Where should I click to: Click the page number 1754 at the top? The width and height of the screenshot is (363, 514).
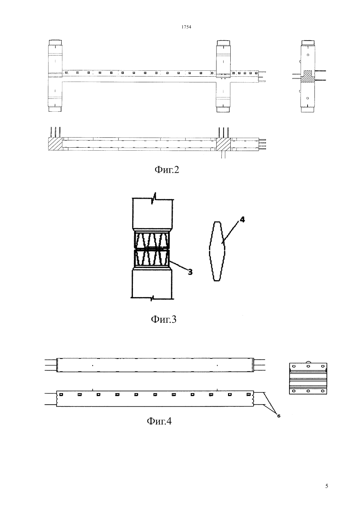tap(186, 27)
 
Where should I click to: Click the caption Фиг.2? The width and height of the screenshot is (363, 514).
tap(167, 170)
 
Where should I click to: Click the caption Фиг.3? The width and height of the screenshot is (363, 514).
tap(164, 319)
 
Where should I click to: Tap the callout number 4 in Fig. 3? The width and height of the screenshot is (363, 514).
tap(242, 220)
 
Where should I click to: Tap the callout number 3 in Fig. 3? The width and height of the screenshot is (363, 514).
tap(190, 272)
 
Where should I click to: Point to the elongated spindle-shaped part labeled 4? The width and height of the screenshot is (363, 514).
tap(217, 251)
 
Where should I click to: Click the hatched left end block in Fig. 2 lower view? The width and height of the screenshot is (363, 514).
tap(55, 144)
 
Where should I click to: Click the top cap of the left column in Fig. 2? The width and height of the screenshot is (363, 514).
tap(55, 43)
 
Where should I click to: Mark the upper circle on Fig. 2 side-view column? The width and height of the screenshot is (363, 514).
tap(308, 55)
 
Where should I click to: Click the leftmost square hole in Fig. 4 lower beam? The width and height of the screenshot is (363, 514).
tap(61, 394)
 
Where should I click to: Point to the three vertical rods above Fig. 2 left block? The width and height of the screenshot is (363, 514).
tap(55, 132)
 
